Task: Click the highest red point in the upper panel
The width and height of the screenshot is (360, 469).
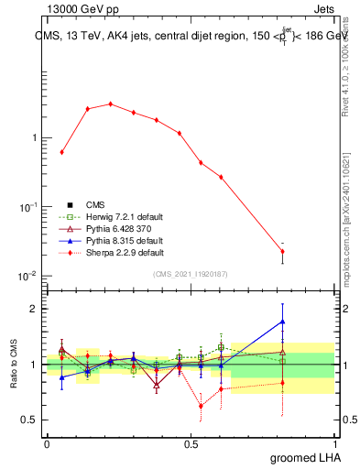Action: (110, 104)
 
